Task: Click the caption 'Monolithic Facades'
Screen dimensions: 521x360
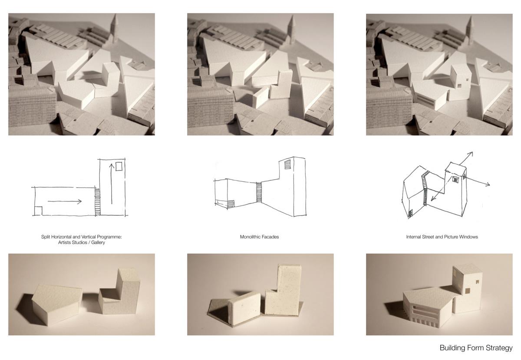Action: click(259, 237)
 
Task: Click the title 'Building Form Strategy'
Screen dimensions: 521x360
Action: click(476, 348)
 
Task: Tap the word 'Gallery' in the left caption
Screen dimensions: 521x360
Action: click(98, 242)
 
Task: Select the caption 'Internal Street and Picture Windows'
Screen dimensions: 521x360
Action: click(442, 237)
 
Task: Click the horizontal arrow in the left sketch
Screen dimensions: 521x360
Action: click(65, 201)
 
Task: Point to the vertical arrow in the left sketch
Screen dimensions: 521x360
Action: click(112, 184)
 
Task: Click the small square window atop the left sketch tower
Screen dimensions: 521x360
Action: click(119, 166)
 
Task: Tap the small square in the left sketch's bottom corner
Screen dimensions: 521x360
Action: click(38, 211)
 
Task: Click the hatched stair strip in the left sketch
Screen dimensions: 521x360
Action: click(97, 201)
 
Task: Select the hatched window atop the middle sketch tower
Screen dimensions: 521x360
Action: click(287, 164)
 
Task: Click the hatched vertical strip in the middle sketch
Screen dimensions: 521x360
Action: click(259, 192)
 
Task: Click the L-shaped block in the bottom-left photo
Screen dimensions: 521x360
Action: click(120, 292)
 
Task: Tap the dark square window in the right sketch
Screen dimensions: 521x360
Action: click(455, 180)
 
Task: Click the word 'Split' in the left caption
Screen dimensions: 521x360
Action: click(46, 237)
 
